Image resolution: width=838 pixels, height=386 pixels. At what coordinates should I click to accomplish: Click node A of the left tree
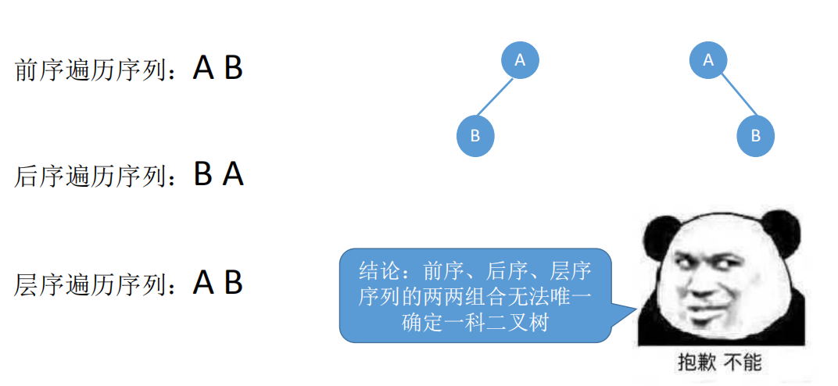[520, 59]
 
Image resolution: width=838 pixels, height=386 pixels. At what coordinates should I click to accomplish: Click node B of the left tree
[475, 136]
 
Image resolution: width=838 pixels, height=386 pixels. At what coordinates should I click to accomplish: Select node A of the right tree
[708, 59]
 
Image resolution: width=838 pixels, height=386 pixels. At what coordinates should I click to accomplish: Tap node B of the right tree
[755, 136]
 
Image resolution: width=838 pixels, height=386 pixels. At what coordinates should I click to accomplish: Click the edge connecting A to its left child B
[498, 97]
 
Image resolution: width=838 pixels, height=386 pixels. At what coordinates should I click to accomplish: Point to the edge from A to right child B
[732, 97]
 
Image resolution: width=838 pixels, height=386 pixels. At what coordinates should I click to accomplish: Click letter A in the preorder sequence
[203, 69]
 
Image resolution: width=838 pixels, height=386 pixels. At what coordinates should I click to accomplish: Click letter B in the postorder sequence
[203, 174]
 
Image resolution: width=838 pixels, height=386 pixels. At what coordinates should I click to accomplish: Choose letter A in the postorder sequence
[233, 174]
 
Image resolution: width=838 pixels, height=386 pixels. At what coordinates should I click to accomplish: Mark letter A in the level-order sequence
[203, 282]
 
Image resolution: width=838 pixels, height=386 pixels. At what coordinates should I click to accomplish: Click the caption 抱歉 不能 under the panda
[719, 363]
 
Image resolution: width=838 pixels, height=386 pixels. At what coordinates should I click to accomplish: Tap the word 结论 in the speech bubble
[380, 271]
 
